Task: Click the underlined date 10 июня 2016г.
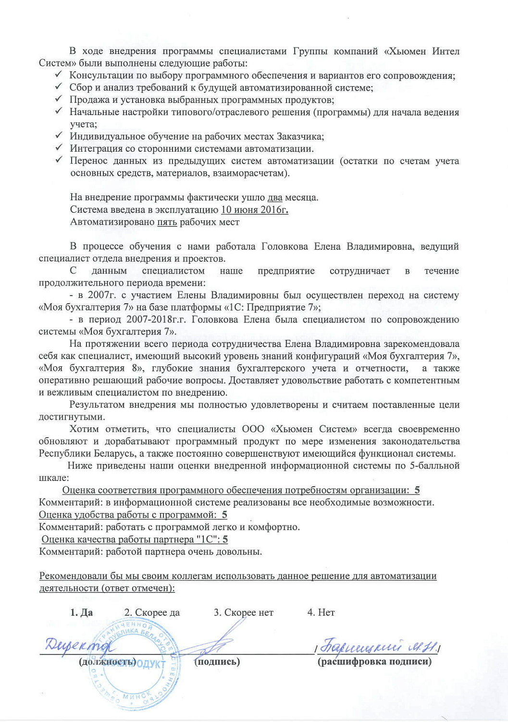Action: coord(254,210)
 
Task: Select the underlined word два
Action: coord(275,197)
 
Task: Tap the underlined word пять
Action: coord(167,222)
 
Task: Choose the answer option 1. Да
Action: coord(81,612)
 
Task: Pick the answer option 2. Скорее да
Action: coord(152,612)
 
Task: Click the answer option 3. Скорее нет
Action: coord(243,612)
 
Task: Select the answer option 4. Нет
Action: coord(321,612)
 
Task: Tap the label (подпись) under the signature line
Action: coord(217,661)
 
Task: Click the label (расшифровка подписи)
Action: coord(374,661)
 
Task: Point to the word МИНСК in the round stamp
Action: coord(136,696)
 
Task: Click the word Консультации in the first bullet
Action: coord(99,75)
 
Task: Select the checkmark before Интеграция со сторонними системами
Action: coord(58,148)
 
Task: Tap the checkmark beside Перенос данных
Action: coord(58,160)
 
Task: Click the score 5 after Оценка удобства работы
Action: coord(224,515)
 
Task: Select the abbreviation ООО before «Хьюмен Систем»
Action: coord(253,429)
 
